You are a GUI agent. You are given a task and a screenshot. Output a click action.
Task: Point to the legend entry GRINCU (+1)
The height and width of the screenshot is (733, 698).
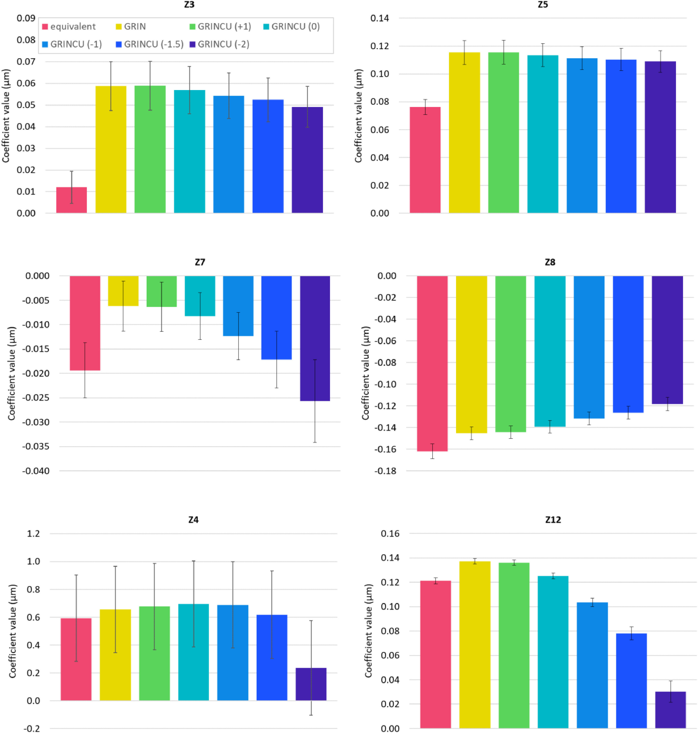220,27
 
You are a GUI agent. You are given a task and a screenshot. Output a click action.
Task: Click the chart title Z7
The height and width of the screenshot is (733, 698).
200,262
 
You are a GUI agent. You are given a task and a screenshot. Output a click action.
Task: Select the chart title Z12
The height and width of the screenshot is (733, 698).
553,520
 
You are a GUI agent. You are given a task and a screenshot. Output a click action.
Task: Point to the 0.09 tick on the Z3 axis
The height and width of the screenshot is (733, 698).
26,18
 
